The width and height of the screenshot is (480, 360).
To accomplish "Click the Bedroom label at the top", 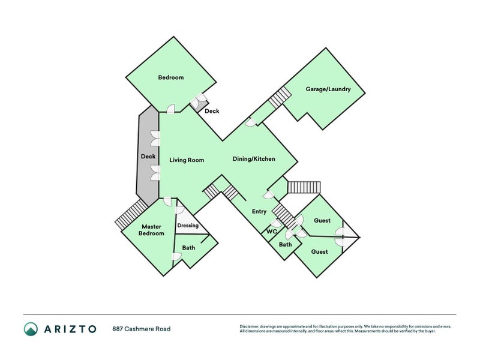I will [170, 77].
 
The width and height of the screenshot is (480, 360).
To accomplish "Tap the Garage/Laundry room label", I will [328, 89].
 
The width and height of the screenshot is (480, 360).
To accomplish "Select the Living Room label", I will [187, 160].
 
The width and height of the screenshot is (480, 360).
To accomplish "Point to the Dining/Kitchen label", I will [254, 159].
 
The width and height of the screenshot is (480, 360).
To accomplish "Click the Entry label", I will [259, 211].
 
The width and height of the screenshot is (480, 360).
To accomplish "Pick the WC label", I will [271, 231].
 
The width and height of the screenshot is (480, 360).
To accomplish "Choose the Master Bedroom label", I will [152, 230].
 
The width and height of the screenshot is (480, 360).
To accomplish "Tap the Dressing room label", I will [188, 226].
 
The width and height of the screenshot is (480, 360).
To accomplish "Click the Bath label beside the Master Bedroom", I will [188, 247].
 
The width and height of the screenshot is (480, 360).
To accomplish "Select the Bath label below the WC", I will [285, 244].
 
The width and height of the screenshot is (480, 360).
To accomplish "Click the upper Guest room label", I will [322, 221].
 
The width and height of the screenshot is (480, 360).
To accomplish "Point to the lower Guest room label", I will [319, 251].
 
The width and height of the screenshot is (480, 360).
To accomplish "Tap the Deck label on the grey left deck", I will [148, 157].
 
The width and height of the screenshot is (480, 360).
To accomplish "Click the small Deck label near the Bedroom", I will [212, 111].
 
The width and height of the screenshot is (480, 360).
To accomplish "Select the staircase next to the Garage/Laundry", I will [280, 97].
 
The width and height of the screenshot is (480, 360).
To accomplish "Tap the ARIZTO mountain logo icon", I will [31, 329].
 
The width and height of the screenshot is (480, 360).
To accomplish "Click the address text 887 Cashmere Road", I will [141, 329].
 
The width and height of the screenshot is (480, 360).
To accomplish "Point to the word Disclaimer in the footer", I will [251, 326].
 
